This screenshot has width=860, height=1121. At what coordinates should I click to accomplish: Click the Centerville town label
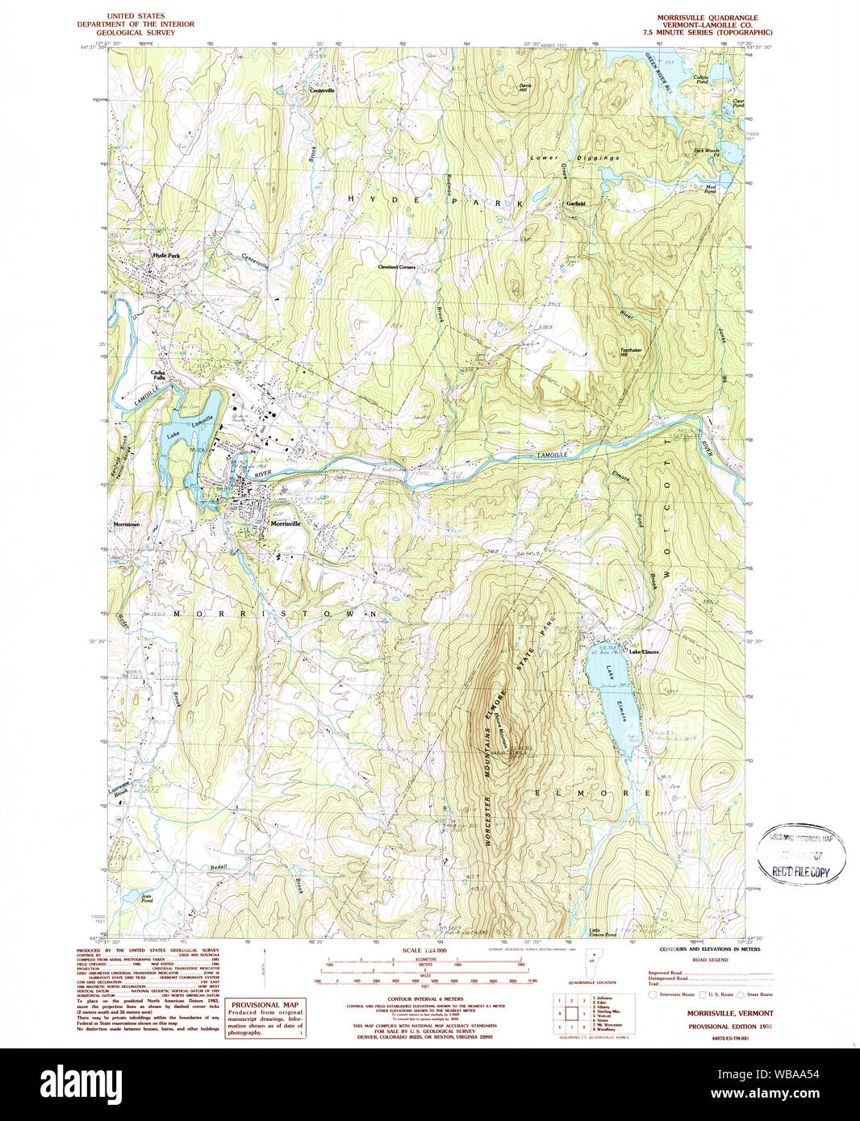tap(322, 90)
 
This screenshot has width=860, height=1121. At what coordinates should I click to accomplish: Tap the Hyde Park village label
tap(166, 256)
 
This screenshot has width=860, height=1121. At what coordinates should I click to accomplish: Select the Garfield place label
tap(575, 203)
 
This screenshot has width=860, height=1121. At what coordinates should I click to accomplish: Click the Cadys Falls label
tap(158, 375)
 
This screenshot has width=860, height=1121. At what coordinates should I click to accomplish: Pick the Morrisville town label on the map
tap(286, 523)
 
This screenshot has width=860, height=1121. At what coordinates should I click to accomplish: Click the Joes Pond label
tap(146, 897)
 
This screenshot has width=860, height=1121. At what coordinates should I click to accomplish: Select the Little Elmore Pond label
tap(603, 934)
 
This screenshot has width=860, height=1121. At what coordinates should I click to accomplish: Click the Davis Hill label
tap(524, 87)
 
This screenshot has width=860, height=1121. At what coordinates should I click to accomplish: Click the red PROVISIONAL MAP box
tap(265, 1018)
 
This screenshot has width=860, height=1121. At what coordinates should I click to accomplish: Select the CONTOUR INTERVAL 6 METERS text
tap(426, 998)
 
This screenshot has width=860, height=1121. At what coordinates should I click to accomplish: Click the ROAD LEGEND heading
tap(710, 960)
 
